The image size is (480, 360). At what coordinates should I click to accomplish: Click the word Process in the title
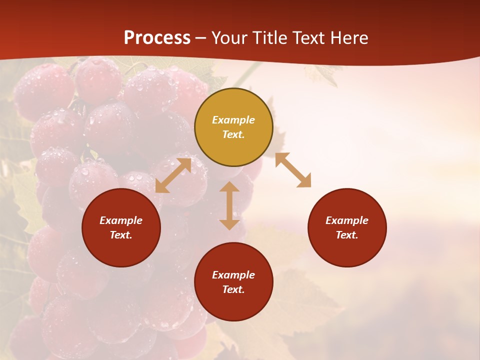coord(157,38)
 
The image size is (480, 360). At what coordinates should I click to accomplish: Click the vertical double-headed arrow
coord(229,205)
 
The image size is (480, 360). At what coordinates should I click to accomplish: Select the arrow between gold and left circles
coord(173,175)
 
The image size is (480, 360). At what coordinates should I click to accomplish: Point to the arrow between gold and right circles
coord(293,170)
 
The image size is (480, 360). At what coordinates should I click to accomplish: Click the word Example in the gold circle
coord(233,120)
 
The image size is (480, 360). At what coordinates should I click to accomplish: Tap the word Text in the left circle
coord(121,235)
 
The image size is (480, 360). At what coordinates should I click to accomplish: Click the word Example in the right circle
coord(347,220)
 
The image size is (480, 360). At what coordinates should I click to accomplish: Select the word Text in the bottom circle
coord(233,289)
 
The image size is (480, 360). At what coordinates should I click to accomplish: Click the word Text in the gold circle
coord(233,134)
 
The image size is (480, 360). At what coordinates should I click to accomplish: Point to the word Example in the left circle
coord(121,220)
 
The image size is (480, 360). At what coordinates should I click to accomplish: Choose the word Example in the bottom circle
coord(233,275)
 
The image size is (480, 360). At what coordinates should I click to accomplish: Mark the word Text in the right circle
coord(347,235)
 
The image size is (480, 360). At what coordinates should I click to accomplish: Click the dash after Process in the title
coord(201,38)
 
